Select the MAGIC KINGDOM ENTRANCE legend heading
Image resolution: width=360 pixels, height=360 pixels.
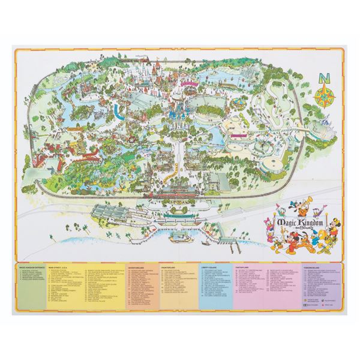tap(34, 266)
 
